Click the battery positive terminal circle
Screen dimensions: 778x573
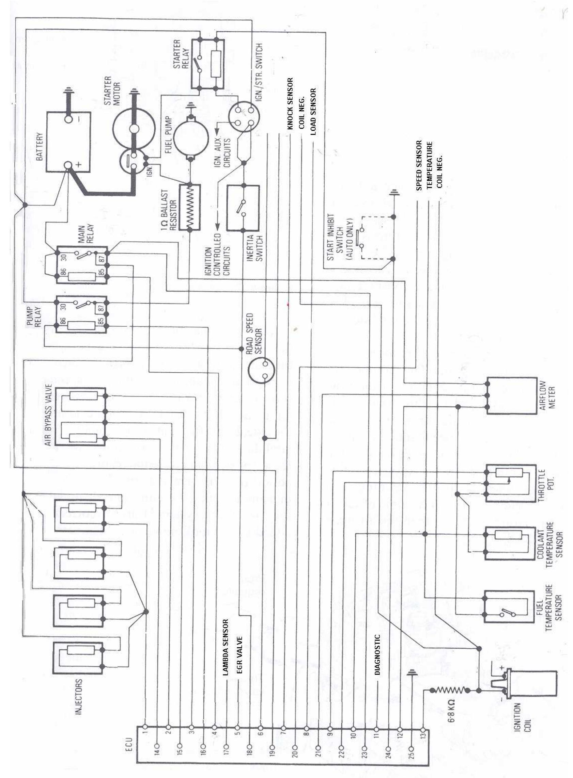(x=68, y=166)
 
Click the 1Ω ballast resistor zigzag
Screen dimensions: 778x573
(x=190, y=207)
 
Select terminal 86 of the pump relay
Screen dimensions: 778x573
(x=63, y=321)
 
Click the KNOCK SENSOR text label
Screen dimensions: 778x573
(x=290, y=103)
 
